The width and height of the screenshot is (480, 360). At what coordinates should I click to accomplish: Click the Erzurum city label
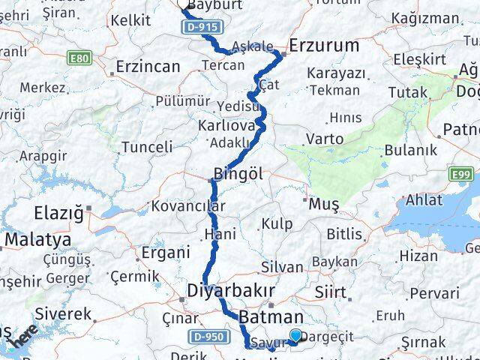(324, 46)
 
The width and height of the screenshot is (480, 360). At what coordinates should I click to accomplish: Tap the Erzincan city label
(148, 67)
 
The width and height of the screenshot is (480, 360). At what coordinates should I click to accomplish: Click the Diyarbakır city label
(231, 290)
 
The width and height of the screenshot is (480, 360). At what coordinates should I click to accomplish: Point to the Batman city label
(271, 317)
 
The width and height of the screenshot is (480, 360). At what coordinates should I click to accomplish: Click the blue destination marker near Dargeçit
(296, 337)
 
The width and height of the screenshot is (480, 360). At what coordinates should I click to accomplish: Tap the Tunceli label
(147, 146)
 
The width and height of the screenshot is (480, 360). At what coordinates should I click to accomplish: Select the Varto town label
(325, 139)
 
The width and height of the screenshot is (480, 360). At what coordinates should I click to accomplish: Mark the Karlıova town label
(227, 124)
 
